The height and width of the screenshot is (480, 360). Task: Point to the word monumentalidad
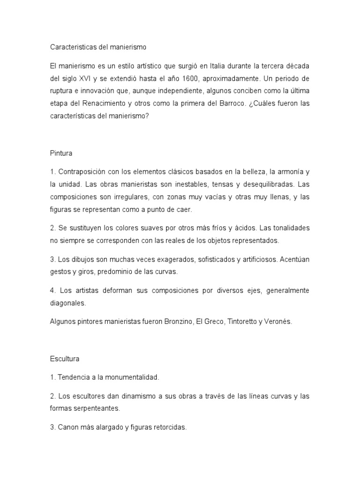(133, 376)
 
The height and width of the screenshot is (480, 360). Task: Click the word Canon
(67, 427)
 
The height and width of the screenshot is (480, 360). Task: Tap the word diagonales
(67, 303)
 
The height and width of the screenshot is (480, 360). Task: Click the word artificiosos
(255, 259)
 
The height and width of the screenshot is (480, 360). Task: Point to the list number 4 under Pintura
(52, 291)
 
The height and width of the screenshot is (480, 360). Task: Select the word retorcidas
(169, 427)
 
